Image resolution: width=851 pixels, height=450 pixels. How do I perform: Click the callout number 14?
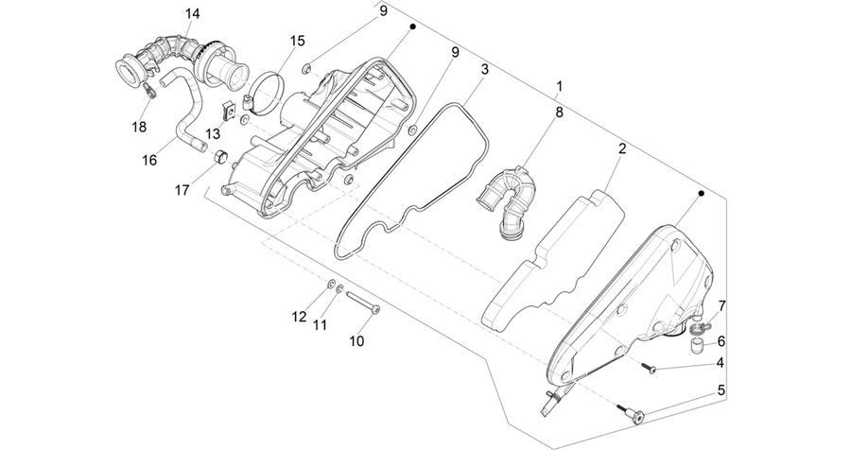pos(192,13)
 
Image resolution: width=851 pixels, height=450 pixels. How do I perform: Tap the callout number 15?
pos(297,41)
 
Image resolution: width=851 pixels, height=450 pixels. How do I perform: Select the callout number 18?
pos(139,127)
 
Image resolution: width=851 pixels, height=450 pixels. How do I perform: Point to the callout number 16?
pos(149,160)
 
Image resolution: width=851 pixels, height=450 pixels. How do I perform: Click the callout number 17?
pos(182,190)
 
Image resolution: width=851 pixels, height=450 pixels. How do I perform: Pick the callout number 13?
pos(214,134)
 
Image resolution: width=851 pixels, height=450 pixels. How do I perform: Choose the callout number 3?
pos(484,69)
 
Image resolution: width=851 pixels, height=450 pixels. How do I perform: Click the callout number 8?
pos(559,112)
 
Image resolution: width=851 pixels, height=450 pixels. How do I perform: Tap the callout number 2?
pos(622,148)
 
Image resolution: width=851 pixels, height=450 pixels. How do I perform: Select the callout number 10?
pos(356,341)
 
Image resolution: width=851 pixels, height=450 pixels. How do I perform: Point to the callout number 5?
pos(721,390)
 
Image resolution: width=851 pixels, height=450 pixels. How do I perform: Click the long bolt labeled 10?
pos(362,303)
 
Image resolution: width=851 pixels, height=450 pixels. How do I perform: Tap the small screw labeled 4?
pos(649,368)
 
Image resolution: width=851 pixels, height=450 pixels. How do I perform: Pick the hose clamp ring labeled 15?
pos(266,93)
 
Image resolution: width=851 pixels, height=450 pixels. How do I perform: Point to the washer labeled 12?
pos(331,284)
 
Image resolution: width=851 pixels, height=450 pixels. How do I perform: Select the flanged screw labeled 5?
pos(632,412)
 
